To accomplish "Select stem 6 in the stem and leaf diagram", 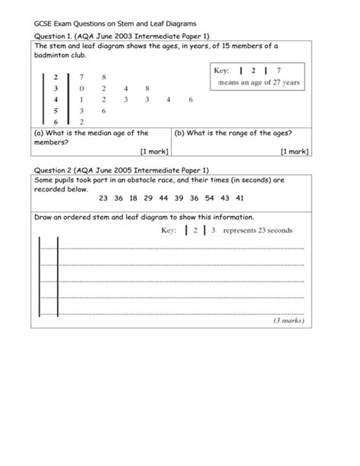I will [55, 121].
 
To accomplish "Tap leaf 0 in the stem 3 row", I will [81, 88].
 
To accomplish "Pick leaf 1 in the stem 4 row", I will [81, 100].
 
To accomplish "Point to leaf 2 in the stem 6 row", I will [81, 121].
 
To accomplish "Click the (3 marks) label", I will [289, 321].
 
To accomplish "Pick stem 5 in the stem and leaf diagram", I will [55, 110].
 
